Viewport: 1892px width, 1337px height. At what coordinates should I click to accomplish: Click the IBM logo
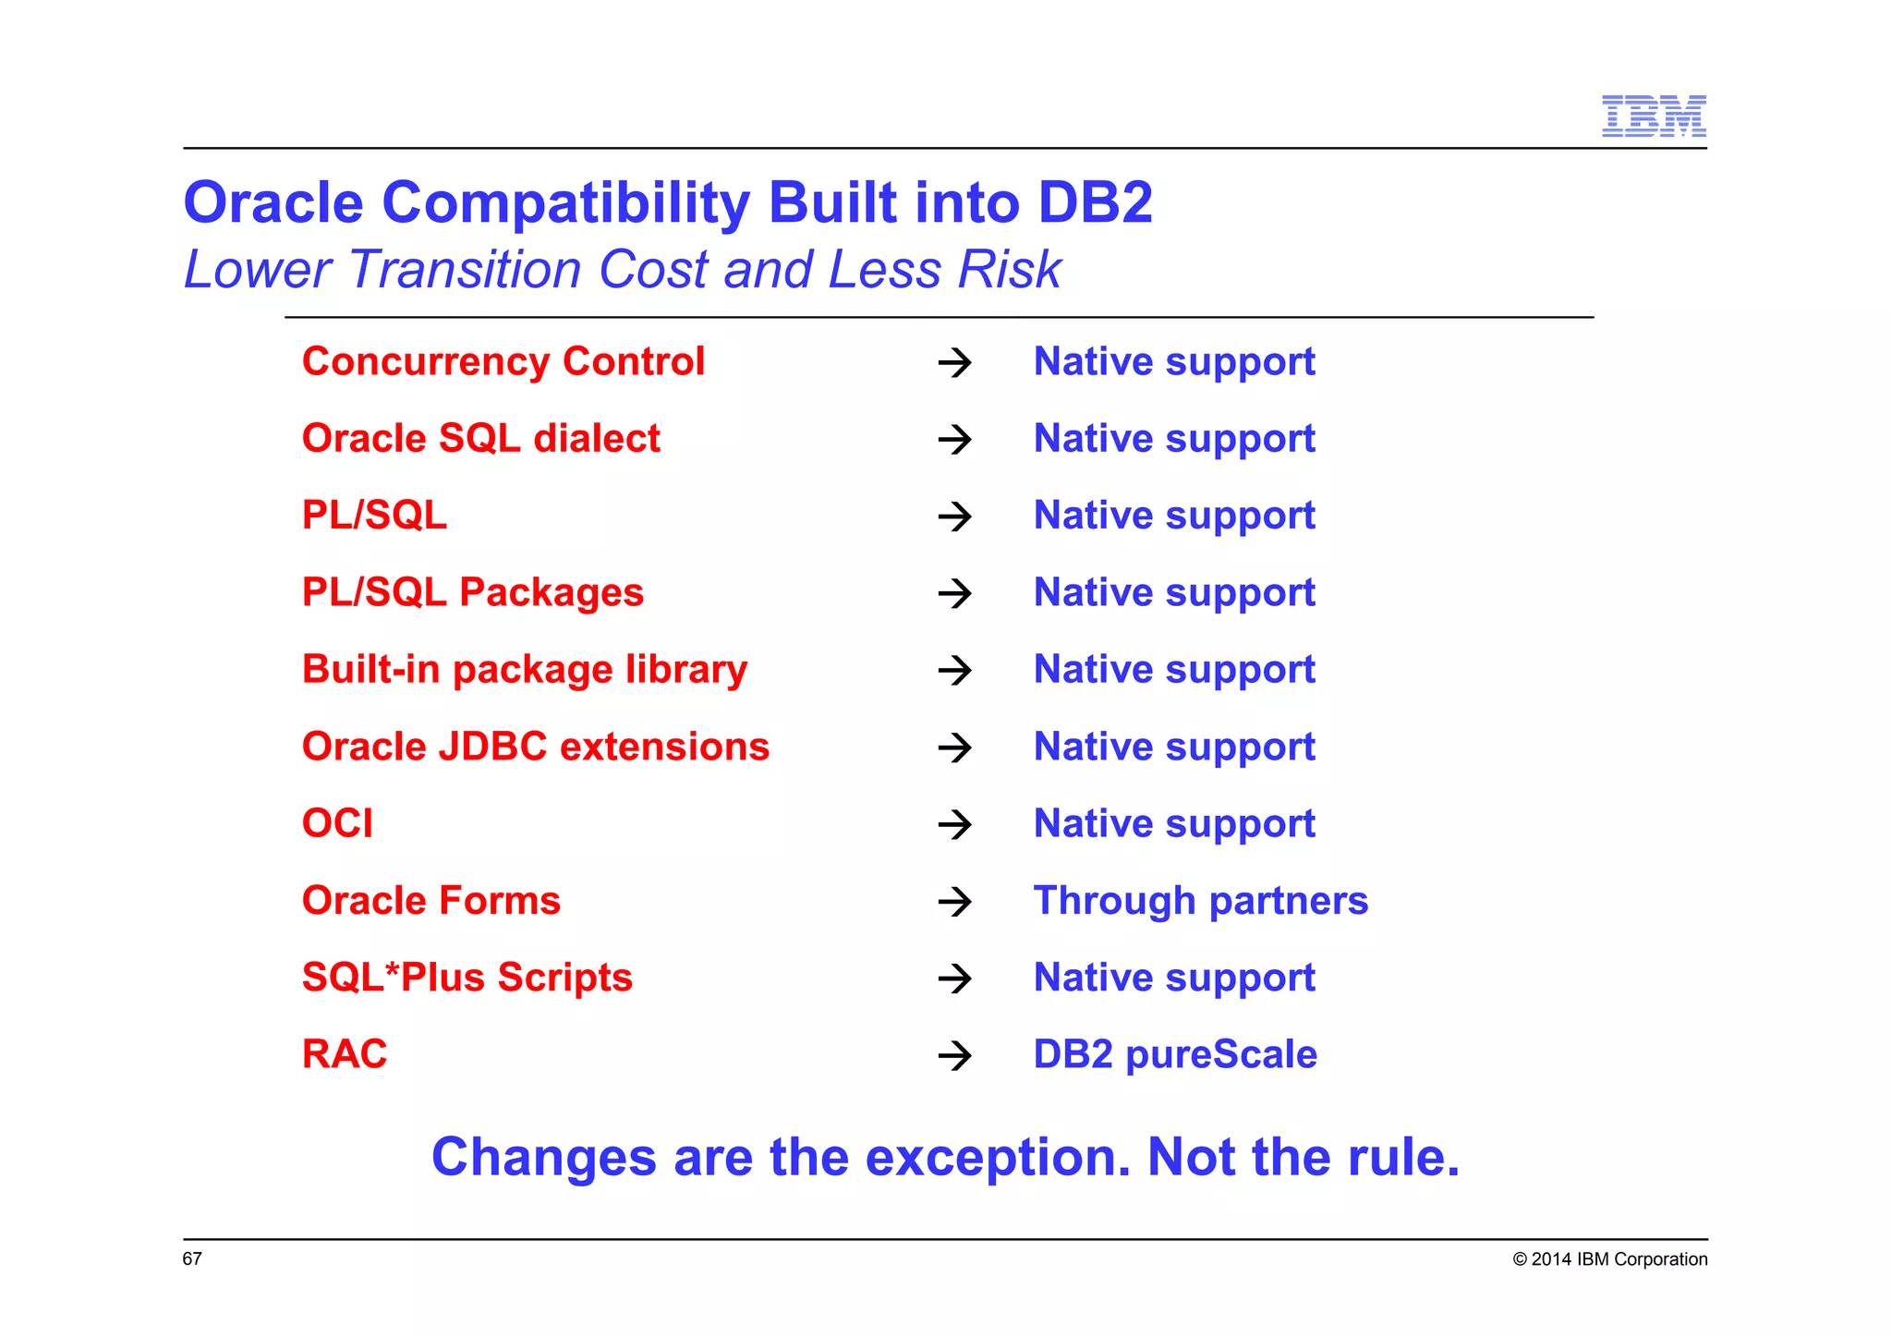[1653, 116]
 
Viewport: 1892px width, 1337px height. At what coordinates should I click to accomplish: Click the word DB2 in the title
[1095, 202]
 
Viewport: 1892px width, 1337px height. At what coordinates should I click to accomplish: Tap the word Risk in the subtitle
[1010, 270]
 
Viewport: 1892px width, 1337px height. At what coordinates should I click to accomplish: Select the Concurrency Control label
[503, 361]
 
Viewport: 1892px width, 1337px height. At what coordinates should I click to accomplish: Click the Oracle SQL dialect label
[481, 438]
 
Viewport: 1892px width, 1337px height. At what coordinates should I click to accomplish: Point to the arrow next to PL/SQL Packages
[954, 592]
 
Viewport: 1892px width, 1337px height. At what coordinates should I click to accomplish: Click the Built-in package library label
[525, 669]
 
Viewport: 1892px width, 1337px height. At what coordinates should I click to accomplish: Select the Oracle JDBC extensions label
[536, 747]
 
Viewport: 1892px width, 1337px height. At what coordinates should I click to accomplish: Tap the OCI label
[338, 823]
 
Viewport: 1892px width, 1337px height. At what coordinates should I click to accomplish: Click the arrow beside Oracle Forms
[954, 901]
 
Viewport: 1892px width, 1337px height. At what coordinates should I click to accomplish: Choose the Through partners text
[1200, 901]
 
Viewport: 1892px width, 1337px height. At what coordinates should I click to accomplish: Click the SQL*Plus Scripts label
[467, 978]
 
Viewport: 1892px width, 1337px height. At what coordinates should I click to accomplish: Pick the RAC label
[345, 1054]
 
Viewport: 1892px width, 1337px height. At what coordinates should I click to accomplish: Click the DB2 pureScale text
[1175, 1054]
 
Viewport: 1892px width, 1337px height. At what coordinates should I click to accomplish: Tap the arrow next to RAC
[954, 1055]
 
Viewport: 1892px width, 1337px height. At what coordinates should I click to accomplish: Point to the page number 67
[192, 1258]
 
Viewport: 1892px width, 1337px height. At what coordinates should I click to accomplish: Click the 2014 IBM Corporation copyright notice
[1609, 1259]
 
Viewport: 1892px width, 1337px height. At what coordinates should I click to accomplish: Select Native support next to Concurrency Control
[1174, 361]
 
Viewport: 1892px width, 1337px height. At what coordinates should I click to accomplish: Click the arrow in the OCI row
[954, 824]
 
